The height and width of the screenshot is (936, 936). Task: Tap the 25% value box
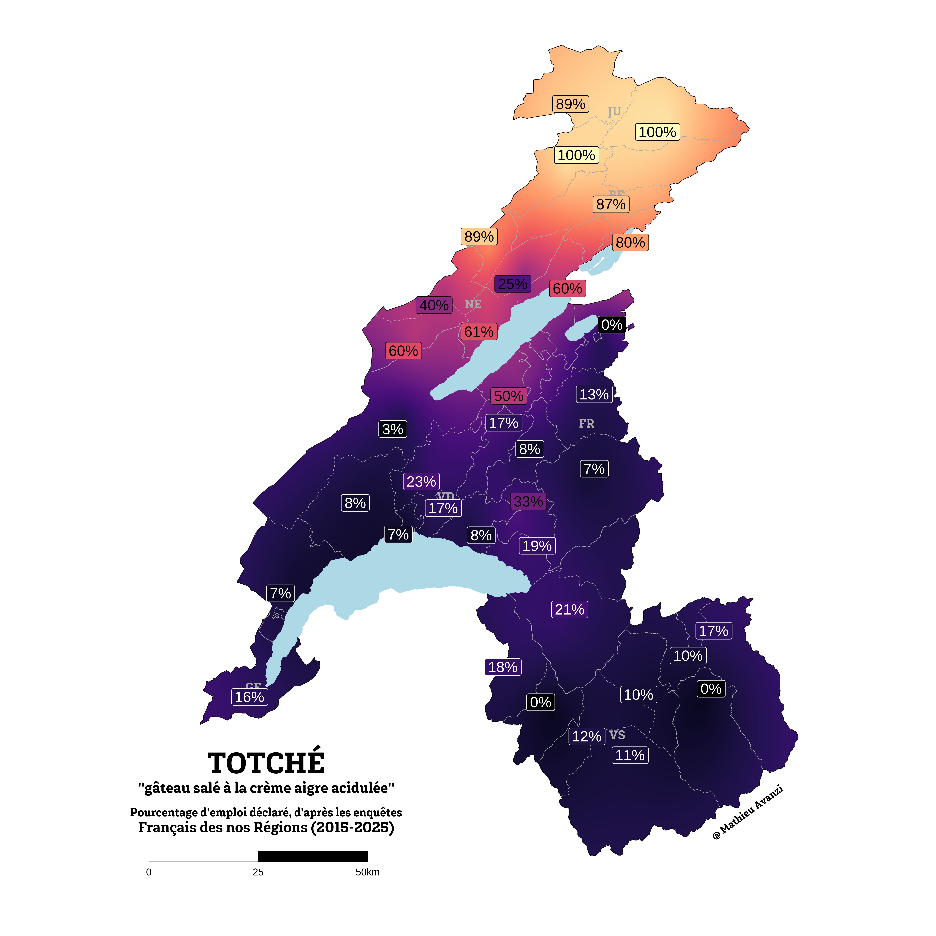point(513,284)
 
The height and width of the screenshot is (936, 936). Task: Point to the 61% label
point(479,332)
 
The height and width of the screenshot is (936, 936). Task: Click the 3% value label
point(392,429)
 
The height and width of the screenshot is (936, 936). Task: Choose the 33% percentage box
point(528,501)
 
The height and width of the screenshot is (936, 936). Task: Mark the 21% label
point(569,610)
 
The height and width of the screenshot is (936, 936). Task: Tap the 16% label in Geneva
point(249,697)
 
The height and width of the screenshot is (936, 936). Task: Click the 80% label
point(630,243)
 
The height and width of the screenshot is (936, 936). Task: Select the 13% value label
point(594,394)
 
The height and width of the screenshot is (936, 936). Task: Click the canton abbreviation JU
point(614,112)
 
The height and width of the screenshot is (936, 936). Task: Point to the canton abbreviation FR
point(586,424)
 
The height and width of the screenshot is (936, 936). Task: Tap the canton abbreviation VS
point(617,735)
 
